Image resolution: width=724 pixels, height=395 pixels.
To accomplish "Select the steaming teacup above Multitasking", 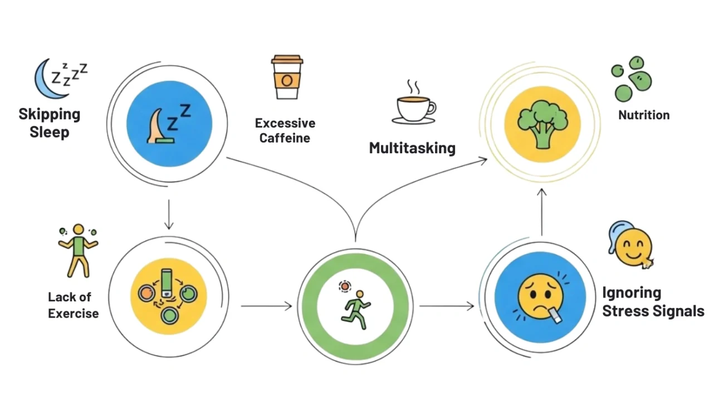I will point(414,105).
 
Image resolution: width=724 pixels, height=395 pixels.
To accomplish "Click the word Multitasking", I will point(412,148).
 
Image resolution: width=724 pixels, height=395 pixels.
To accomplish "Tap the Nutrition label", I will point(644,115).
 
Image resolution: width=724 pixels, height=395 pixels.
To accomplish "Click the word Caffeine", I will point(285,139).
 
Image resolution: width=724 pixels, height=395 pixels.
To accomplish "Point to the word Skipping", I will point(50,115).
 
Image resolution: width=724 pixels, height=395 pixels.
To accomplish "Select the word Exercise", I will point(73,313).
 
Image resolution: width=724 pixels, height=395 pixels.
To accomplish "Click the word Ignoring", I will point(632,292).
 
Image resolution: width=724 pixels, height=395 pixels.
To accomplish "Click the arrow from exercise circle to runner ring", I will point(266,305).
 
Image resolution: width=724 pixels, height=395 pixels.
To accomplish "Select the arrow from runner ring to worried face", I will point(447,305).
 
